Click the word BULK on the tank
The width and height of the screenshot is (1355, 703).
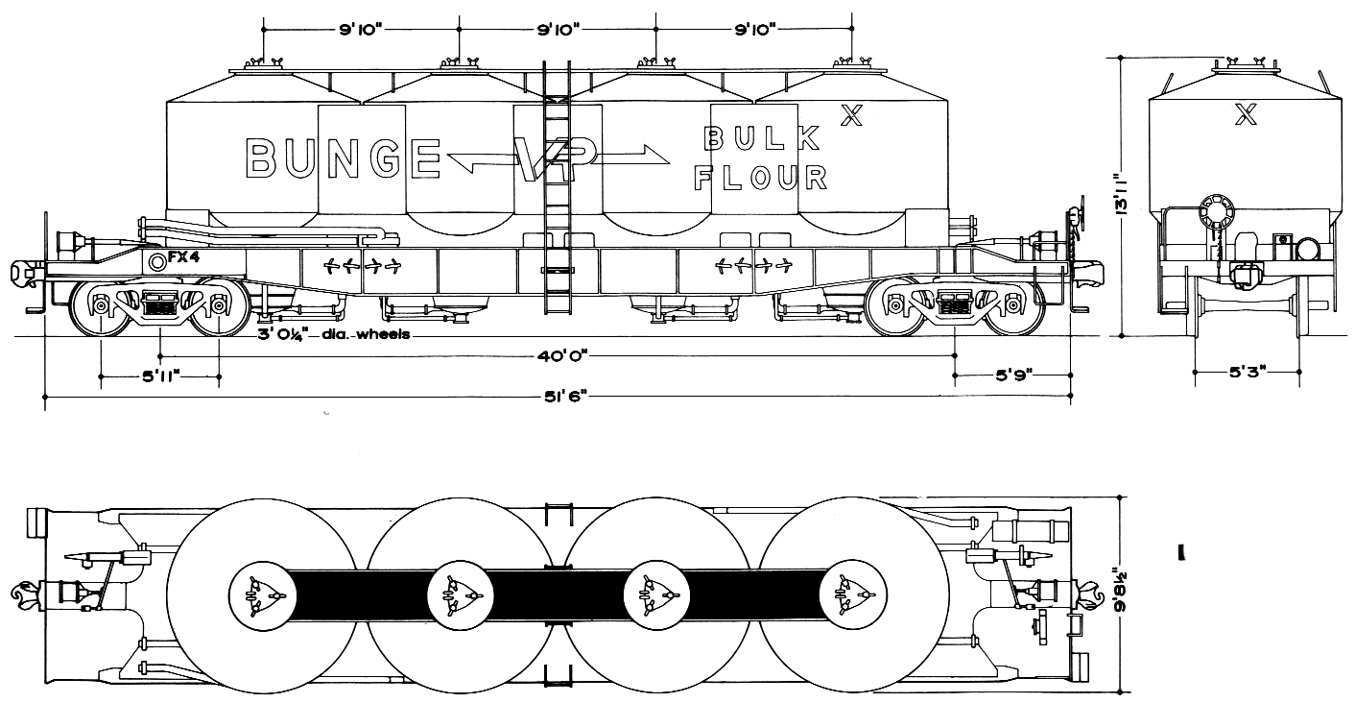click(763, 139)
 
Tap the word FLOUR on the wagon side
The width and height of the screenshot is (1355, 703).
click(761, 178)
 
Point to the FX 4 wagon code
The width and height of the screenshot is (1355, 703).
click(182, 257)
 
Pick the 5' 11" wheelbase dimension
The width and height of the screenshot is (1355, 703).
click(160, 377)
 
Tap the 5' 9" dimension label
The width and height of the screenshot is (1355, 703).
click(1012, 377)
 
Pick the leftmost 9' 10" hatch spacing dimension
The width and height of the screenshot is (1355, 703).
click(361, 30)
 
